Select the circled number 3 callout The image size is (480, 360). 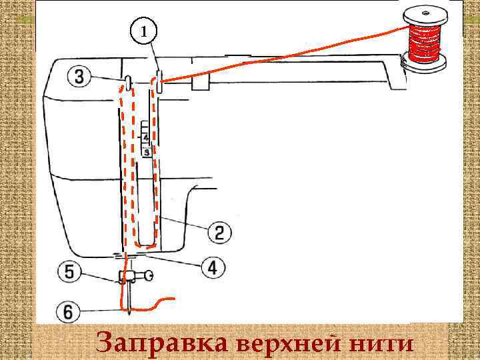click(79, 77)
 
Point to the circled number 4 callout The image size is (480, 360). click(213, 268)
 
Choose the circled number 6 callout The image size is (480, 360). click(69, 311)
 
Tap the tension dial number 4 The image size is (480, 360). click(146, 138)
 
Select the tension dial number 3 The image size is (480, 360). click(146, 152)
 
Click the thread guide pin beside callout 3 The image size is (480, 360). click(127, 83)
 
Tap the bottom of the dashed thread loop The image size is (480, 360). click(145, 244)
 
